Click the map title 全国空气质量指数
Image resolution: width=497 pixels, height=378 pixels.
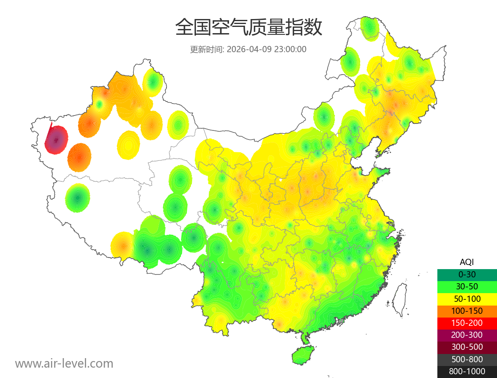click(248, 28)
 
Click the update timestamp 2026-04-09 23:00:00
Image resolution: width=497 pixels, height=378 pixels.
click(267, 49)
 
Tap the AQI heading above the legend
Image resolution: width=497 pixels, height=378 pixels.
click(467, 262)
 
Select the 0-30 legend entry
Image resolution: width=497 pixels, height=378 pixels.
click(467, 274)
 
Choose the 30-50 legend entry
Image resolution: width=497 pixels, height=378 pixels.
click(467, 287)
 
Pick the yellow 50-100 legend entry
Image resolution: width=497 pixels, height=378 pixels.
click(467, 299)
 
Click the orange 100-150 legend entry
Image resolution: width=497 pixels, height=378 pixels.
click(467, 311)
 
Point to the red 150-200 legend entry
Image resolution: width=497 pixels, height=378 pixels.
click(467, 323)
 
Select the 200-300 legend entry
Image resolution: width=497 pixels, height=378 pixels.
click(467, 335)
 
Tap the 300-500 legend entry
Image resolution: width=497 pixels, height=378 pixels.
click(467, 347)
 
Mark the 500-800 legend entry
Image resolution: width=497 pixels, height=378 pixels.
click(467, 359)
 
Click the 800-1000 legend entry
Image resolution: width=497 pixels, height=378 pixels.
click(467, 371)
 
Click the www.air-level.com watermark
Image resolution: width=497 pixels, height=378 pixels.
click(64, 364)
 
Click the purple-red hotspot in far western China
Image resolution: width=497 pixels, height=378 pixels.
click(56, 140)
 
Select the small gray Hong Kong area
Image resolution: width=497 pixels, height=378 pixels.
click(341, 321)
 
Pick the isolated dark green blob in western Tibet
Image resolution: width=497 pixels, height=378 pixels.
click(77, 198)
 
